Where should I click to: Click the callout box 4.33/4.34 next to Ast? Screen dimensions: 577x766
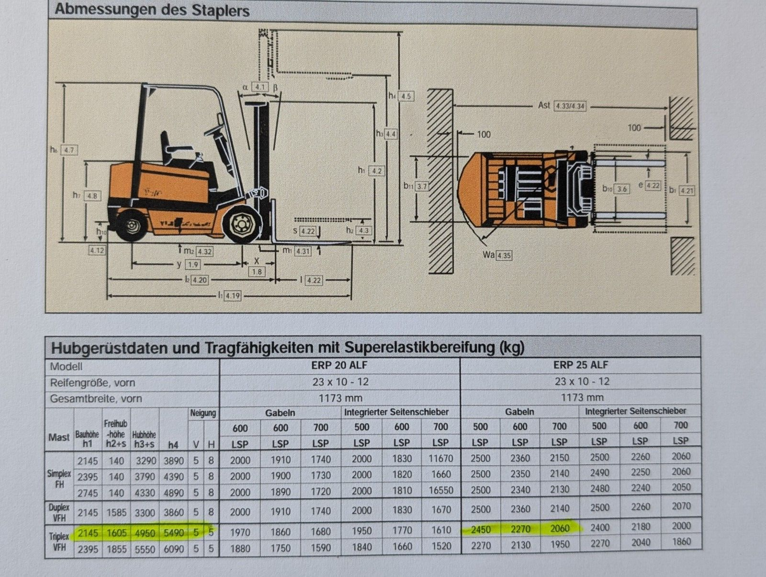point(571,106)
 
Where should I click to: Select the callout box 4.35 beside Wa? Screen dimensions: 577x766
point(504,255)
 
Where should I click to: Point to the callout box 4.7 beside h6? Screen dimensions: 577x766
point(69,150)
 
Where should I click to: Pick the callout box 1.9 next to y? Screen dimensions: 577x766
point(193,265)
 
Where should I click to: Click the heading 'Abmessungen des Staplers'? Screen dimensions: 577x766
point(152,10)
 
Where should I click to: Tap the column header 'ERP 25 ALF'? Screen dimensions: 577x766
point(580,365)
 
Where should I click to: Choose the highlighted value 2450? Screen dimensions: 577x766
point(480,529)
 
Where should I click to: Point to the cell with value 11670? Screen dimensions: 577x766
point(440,458)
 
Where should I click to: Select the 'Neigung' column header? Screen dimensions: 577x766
point(203,413)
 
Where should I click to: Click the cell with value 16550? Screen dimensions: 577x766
point(440,491)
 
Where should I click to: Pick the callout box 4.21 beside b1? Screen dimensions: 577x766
point(687,190)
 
